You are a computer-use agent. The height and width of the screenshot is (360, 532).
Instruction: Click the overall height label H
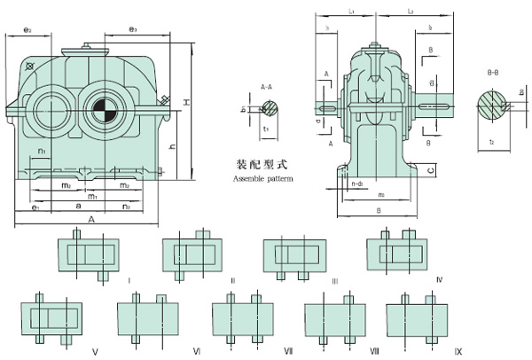pyautogui.click(x=187, y=105)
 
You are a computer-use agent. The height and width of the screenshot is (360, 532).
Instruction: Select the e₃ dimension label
pyautogui.click(x=132, y=30)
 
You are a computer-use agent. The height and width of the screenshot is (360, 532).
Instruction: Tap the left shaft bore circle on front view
pyautogui.click(x=44, y=112)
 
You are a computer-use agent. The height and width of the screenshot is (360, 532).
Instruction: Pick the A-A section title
pyautogui.click(x=266, y=88)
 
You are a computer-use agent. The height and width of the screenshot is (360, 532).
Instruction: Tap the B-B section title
pyautogui.click(x=493, y=67)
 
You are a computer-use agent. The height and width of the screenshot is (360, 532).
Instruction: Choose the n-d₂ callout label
pyautogui.click(x=359, y=183)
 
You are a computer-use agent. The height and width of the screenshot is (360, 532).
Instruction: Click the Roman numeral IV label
pyautogui.click(x=439, y=279)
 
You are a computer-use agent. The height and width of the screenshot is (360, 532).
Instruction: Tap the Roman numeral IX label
pyautogui.click(x=458, y=352)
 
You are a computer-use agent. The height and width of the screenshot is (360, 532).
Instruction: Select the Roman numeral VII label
pyautogui.click(x=288, y=352)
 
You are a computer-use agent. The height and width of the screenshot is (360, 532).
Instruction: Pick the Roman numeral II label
pyautogui.click(x=232, y=279)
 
